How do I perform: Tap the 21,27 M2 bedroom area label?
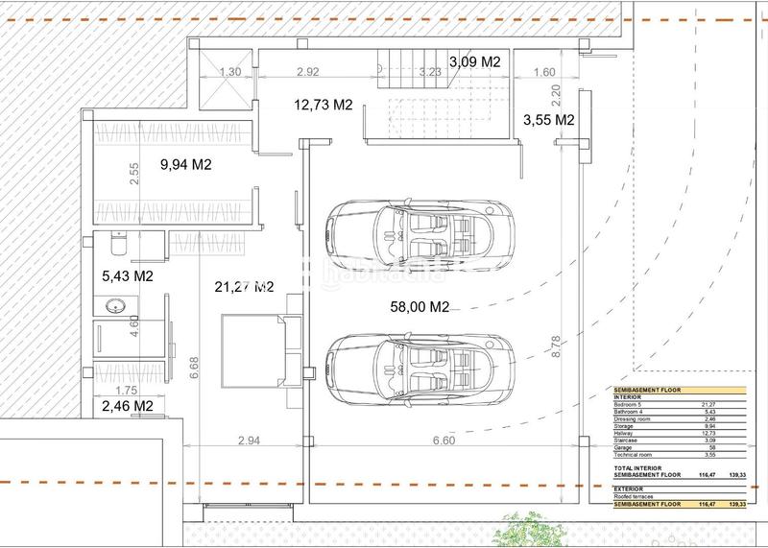click(244, 286)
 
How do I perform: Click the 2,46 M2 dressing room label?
click(128, 406)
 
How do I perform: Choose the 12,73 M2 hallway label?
click(324, 106)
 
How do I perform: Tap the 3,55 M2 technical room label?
click(549, 120)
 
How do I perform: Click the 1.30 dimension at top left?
click(230, 71)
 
